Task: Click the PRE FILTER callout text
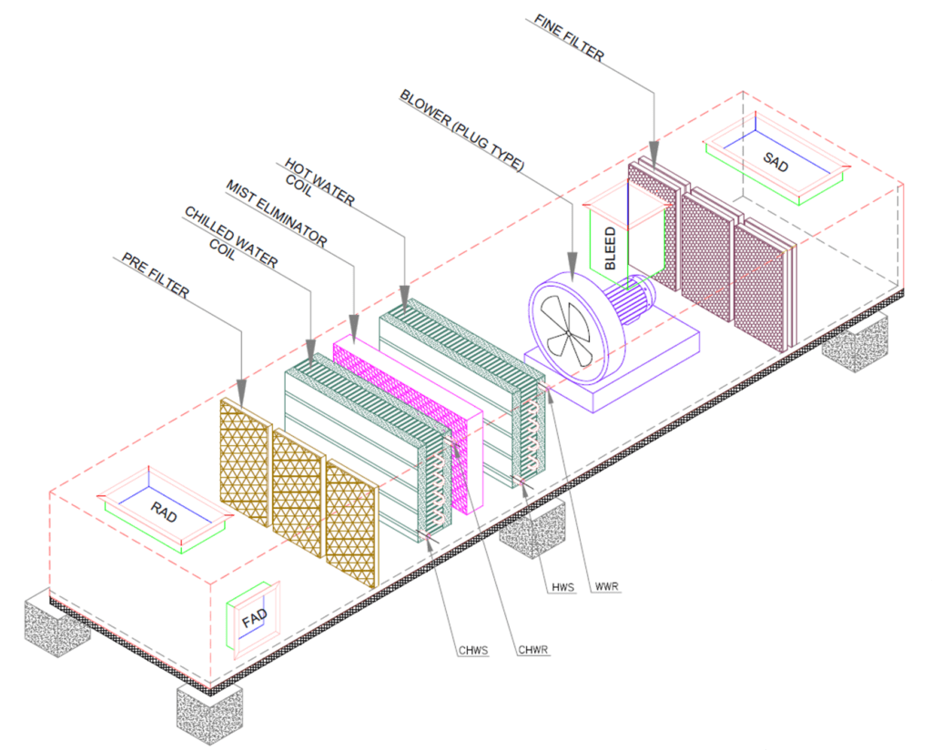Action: click(x=156, y=275)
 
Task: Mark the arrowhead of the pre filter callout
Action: click(x=241, y=390)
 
